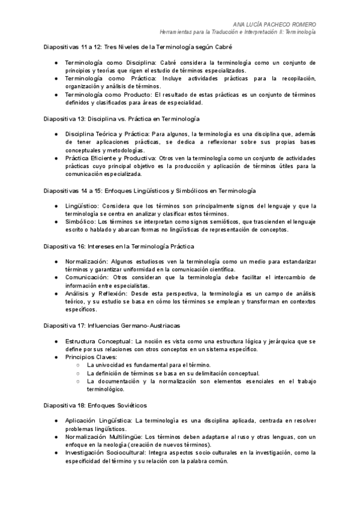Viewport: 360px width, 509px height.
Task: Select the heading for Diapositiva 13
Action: click(122, 119)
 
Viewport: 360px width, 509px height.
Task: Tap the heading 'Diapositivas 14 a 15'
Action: click(151, 190)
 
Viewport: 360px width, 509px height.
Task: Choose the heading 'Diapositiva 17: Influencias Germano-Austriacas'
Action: click(112, 325)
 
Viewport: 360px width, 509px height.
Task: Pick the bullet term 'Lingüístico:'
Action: click(82, 206)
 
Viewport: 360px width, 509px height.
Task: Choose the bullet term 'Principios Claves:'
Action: click(91, 357)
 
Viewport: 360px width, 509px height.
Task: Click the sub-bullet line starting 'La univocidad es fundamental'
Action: click(148, 365)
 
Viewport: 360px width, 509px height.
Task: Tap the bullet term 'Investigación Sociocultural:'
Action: click(107, 453)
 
